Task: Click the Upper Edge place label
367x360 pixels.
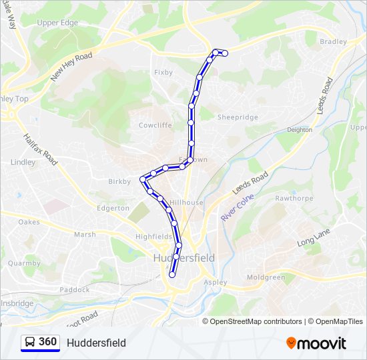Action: pos(57,23)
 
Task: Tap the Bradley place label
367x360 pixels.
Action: pos(333,41)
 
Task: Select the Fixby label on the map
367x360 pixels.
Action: pos(163,72)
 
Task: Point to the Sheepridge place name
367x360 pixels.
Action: pos(238,117)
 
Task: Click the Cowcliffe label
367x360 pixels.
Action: pos(155,125)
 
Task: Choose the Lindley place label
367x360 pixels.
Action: pos(23,162)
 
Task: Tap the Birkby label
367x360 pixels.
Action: pos(119,181)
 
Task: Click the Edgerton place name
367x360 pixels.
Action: pos(113,208)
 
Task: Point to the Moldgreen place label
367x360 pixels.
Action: pos(266,277)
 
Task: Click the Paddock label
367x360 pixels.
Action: pos(75,289)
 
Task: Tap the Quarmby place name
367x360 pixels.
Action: pos(24,263)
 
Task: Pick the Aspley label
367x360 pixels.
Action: pos(215,282)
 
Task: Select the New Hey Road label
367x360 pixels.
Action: pos(71,67)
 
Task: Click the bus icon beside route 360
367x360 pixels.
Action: pos(30,343)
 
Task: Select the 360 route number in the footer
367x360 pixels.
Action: pos(48,342)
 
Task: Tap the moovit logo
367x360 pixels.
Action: pos(316,343)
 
